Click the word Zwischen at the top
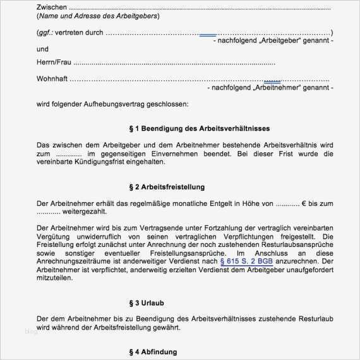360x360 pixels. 51,7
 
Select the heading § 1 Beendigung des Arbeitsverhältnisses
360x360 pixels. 181,128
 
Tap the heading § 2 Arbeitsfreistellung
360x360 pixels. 167,187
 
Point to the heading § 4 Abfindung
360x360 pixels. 153,351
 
